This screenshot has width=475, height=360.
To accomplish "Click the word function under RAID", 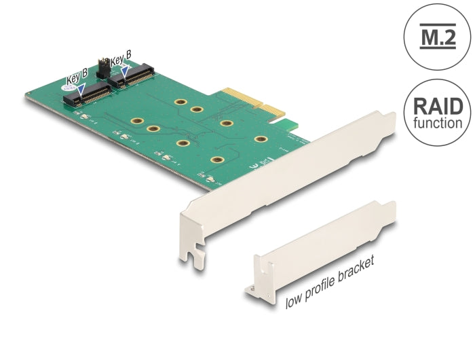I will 438,124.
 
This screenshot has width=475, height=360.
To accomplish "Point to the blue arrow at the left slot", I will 81,89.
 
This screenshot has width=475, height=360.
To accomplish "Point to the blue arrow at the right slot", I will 126,69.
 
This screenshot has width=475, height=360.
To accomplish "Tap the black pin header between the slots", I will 104,66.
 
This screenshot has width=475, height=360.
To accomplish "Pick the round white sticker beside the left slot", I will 69,87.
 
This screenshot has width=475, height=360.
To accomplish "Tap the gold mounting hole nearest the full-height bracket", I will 261,139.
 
